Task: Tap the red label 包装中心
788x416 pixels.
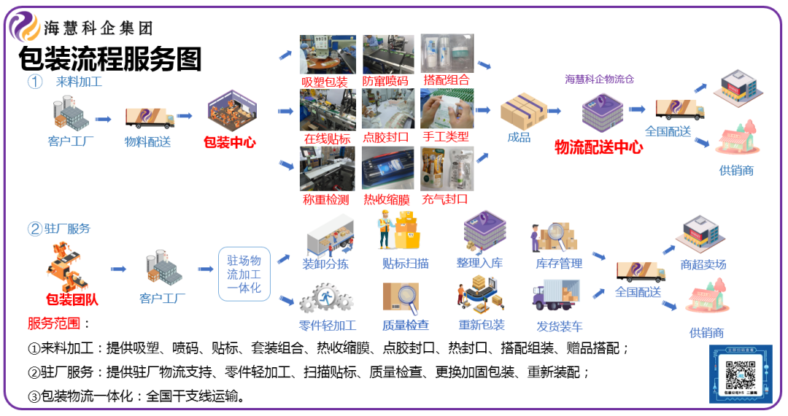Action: [x=230, y=142]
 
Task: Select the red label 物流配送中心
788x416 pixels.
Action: [x=599, y=147]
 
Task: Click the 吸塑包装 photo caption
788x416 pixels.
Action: [x=325, y=82]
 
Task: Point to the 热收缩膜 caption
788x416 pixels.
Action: [x=387, y=200]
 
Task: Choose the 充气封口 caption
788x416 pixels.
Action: [x=446, y=199]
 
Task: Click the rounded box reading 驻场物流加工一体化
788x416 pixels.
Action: [x=244, y=274]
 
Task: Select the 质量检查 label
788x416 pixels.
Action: [x=406, y=326]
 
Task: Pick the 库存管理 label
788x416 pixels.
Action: [x=559, y=263]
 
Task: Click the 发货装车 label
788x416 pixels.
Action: [x=559, y=326]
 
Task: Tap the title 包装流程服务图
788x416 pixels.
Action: [x=109, y=58]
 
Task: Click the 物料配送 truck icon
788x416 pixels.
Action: [x=149, y=117]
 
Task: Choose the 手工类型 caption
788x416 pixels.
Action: [x=446, y=136]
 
